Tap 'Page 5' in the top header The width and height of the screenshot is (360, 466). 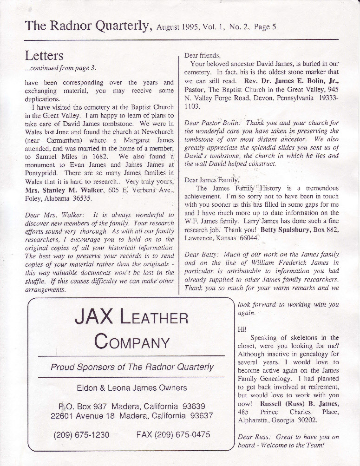point(265,27)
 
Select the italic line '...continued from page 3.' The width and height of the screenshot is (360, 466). point(60,68)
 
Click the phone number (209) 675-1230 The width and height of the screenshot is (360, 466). point(82,435)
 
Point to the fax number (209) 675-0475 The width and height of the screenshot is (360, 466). point(173,435)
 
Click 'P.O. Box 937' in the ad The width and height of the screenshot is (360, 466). point(79,407)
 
